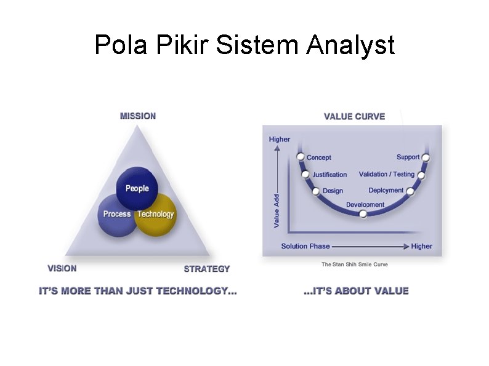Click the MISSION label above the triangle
(138, 116)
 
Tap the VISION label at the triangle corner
(62, 268)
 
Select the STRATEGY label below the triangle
(207, 269)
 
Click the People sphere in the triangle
(137, 187)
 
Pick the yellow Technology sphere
(156, 215)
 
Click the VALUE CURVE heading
(354, 116)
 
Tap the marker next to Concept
(301, 157)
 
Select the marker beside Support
(426, 157)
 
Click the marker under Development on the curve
(363, 214)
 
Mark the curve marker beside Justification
(305, 175)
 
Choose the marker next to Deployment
(410, 191)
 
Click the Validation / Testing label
(387, 175)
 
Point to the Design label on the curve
(333, 191)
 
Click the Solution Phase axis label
(305, 246)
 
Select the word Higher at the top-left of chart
(280, 140)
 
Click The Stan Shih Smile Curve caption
(355, 265)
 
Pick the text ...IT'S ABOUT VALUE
(356, 291)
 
